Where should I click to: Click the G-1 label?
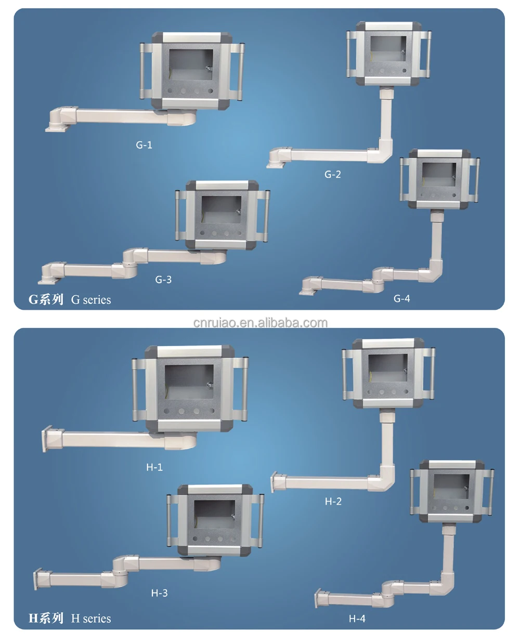coord(144,145)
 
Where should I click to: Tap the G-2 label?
coord(333,175)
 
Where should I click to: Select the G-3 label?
coord(163,280)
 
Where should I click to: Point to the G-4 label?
coord(401,298)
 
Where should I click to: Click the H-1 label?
coord(154,467)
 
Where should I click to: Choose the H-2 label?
coord(333,502)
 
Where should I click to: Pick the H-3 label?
coord(159,593)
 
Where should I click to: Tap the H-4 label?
coord(357,619)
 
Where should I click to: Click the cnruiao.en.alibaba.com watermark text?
coord(260,323)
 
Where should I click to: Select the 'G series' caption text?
coord(91,300)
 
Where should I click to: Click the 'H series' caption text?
coord(91,619)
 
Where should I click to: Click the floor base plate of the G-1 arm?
coord(55,127)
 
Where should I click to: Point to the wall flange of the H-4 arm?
coord(318,599)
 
